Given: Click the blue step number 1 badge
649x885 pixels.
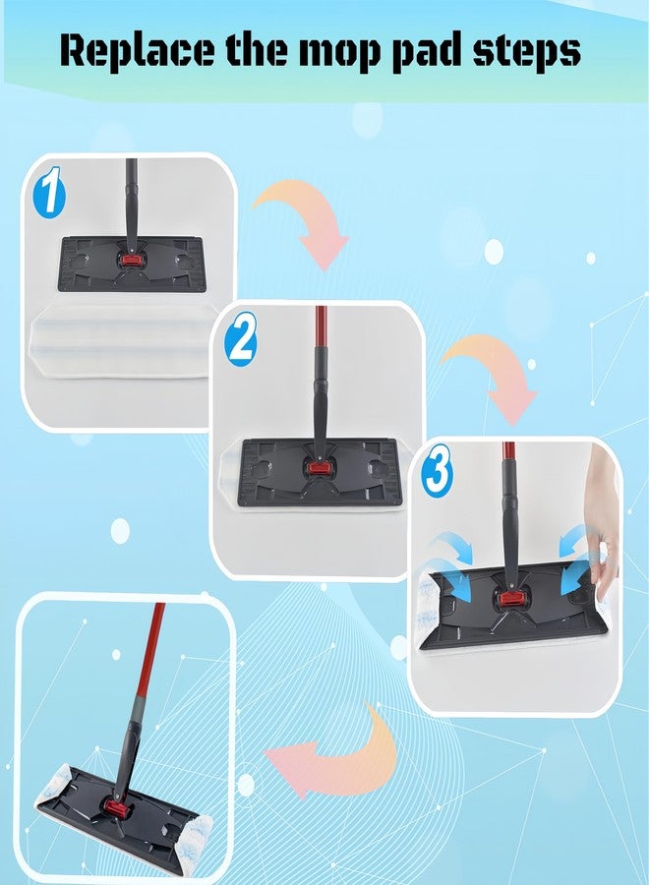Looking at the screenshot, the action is (50, 190).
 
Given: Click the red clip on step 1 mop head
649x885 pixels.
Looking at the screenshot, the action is (131, 261).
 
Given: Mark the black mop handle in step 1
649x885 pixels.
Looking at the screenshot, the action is (131, 205).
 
